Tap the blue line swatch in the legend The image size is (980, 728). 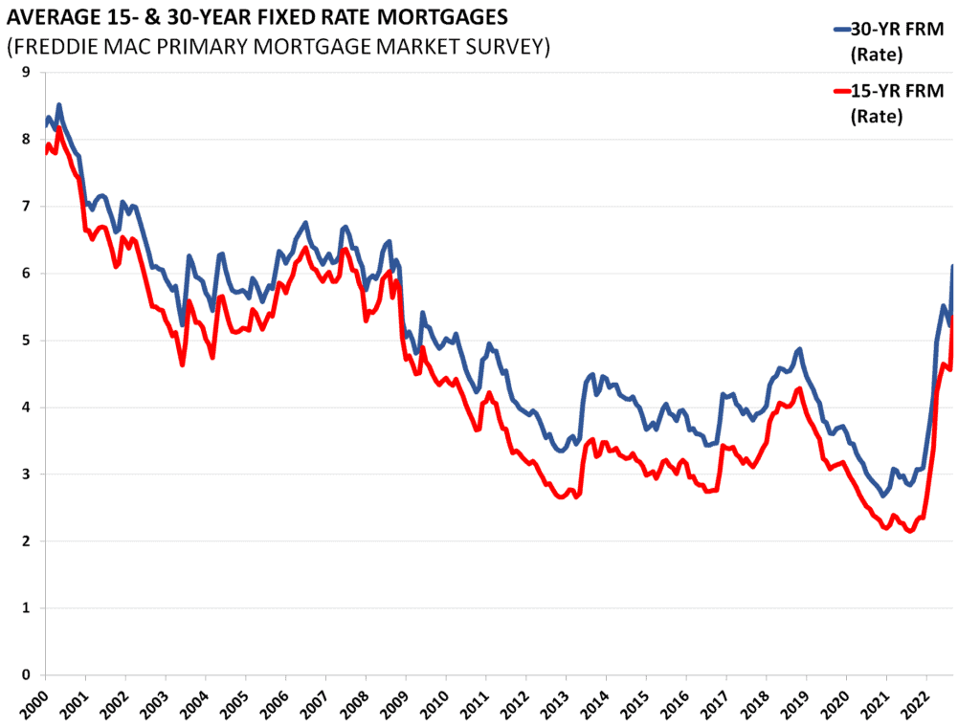[841, 29]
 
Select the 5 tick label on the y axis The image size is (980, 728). [25, 341]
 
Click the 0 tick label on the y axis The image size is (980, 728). [25, 675]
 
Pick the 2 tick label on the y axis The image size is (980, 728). [25, 541]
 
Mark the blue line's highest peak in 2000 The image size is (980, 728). [59, 105]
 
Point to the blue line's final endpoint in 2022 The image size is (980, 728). [952, 266]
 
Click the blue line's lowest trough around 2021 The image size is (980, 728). [882, 496]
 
